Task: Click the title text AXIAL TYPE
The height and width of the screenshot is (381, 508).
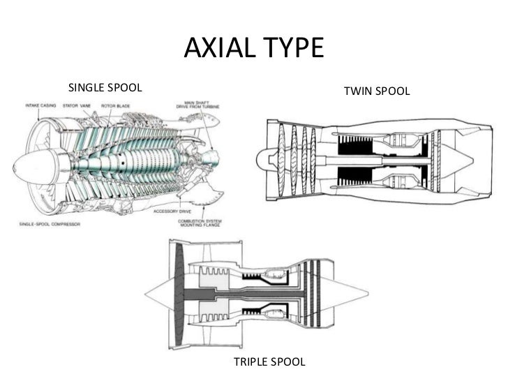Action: click(254, 50)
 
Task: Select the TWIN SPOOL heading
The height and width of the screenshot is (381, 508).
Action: click(376, 91)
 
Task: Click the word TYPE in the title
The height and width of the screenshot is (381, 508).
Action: click(292, 50)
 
